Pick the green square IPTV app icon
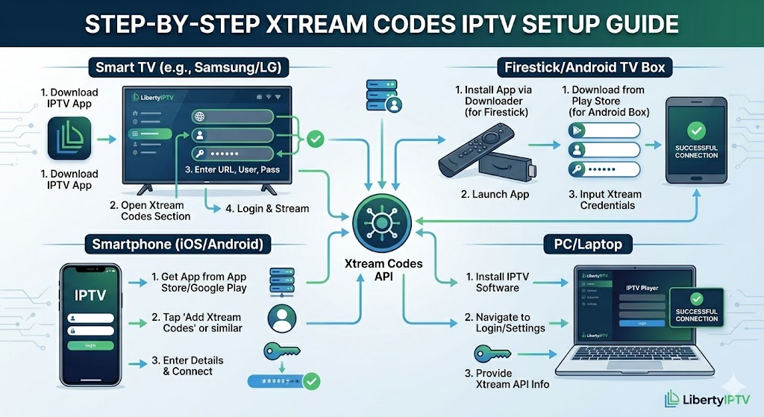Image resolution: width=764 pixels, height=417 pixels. tap(69, 138)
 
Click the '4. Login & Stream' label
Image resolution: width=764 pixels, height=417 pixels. tap(267, 208)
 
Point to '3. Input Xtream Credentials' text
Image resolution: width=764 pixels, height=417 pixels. tap(606, 200)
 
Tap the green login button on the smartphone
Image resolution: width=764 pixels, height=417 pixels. tap(90, 345)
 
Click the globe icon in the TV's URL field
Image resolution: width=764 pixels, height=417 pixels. tap(200, 116)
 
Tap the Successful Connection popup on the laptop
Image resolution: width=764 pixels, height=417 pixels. tap(696, 307)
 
